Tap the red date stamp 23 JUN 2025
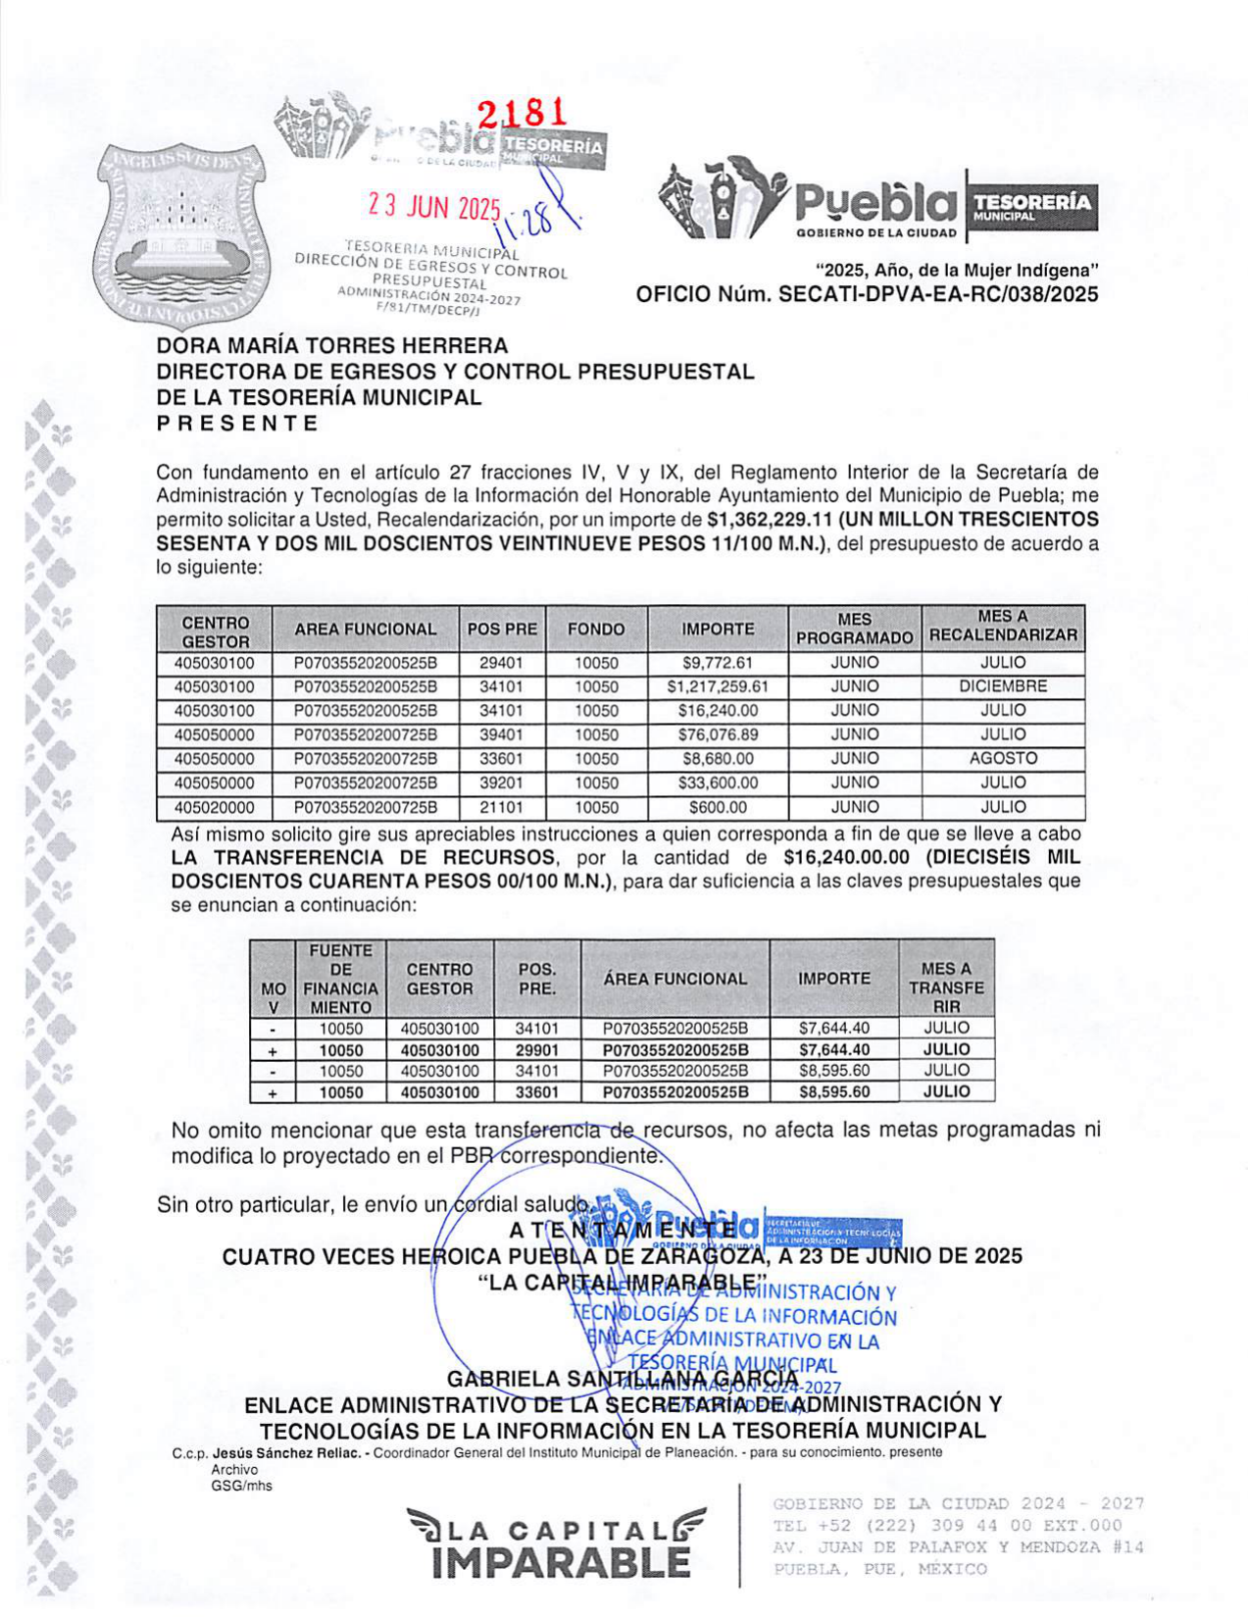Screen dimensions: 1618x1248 click(434, 206)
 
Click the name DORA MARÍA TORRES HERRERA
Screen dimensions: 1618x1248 click(332, 346)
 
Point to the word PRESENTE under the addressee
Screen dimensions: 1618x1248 click(237, 424)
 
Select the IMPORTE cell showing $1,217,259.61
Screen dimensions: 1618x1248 click(718, 686)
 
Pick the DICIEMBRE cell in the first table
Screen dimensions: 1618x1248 click(1003, 686)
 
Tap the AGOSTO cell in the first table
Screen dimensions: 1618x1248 click(1003, 758)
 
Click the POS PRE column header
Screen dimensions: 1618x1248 click(503, 630)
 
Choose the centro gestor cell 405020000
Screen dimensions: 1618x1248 click(215, 808)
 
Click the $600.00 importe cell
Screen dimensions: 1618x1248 click(718, 808)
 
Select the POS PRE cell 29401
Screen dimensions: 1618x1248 click(501, 663)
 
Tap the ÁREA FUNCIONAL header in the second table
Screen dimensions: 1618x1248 click(674, 979)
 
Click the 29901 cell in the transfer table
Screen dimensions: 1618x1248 click(536, 1050)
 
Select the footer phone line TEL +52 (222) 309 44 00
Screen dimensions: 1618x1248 click(946, 1526)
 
